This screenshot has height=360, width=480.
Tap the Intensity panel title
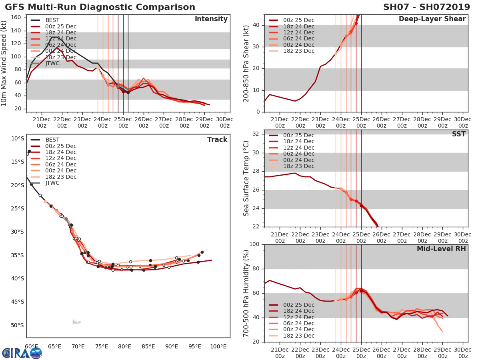pyautogui.click(x=211, y=19)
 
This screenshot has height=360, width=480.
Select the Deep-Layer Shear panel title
pyautogui.click(x=432, y=19)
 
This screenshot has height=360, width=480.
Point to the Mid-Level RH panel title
pyautogui.click(x=441, y=249)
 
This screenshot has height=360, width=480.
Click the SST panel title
pyautogui.click(x=458, y=134)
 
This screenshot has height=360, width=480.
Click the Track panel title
pyautogui.click(x=217, y=140)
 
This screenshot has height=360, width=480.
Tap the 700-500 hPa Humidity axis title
pyautogui.click(x=246, y=293)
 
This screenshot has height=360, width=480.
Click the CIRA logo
pyautogui.click(x=22, y=353)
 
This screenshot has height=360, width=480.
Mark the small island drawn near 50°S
pyautogui.click(x=76, y=322)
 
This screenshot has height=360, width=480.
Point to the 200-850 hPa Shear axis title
pyautogui.click(x=246, y=63)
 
